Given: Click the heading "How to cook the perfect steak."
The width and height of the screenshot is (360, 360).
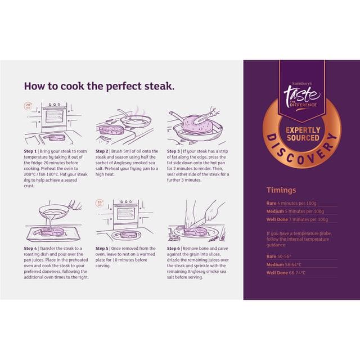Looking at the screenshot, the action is click(99, 87).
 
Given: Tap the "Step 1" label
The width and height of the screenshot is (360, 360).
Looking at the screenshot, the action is click(30, 151).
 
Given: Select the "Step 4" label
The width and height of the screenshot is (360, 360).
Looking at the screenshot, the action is click(30, 249).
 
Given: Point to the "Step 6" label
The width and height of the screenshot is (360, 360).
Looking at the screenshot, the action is click(173, 249).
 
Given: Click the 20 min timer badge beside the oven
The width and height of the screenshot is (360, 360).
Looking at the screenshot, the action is click(28, 106).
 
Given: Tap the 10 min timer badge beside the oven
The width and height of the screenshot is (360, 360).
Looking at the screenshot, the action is click(100, 202).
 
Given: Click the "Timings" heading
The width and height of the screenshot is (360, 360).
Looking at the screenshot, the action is click(281, 190).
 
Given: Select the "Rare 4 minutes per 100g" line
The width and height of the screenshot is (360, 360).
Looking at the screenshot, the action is click(291, 203).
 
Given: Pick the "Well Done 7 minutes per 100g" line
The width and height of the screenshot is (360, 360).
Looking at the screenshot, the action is click(297, 219).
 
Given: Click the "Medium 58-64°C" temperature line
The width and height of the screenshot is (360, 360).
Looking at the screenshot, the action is click(283, 265).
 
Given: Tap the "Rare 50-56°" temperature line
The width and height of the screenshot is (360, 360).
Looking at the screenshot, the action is click(279, 256).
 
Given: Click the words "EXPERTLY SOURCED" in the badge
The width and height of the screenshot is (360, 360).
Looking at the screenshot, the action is click(303, 134).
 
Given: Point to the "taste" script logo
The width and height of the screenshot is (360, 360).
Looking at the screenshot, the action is click(301, 95).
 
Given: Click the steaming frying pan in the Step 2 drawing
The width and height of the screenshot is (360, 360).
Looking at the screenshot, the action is click(136, 120).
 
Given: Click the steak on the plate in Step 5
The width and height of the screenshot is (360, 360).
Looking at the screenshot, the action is click(129, 235).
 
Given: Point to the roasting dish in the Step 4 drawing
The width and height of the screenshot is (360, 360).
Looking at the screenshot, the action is click(53, 234).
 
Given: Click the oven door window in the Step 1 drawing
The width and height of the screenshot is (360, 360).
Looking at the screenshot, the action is click(55, 116).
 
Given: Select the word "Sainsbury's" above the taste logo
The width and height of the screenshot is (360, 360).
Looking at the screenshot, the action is click(302, 84).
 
